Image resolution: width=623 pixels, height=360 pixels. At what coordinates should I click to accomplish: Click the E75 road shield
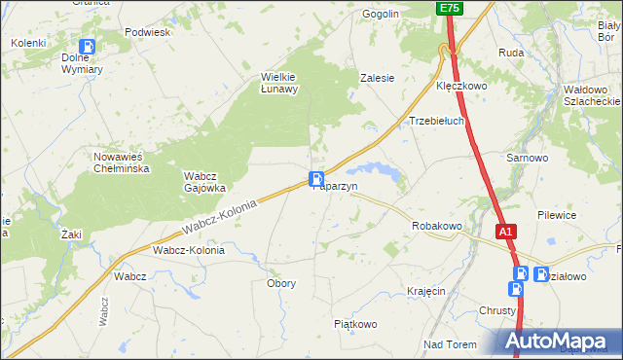[449, 8]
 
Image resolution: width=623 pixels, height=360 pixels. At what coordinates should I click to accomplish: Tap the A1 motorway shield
[504, 233]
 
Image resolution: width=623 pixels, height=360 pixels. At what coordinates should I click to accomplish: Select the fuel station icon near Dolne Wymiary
[88, 46]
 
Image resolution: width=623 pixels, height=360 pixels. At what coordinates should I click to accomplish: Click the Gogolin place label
[381, 15]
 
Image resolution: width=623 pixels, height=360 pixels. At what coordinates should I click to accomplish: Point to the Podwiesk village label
[148, 32]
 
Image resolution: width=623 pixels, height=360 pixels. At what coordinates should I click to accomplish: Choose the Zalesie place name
[377, 78]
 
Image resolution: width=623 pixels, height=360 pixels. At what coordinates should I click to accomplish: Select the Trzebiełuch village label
[435, 122]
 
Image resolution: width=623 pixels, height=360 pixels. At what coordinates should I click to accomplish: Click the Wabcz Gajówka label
[205, 182]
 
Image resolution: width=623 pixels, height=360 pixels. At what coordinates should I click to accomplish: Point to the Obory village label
[281, 283]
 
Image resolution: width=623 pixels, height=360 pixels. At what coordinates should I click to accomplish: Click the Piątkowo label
[354, 323]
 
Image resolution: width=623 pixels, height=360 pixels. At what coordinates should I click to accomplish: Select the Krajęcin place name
[427, 291]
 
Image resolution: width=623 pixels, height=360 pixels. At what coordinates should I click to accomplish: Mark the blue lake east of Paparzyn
[387, 173]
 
